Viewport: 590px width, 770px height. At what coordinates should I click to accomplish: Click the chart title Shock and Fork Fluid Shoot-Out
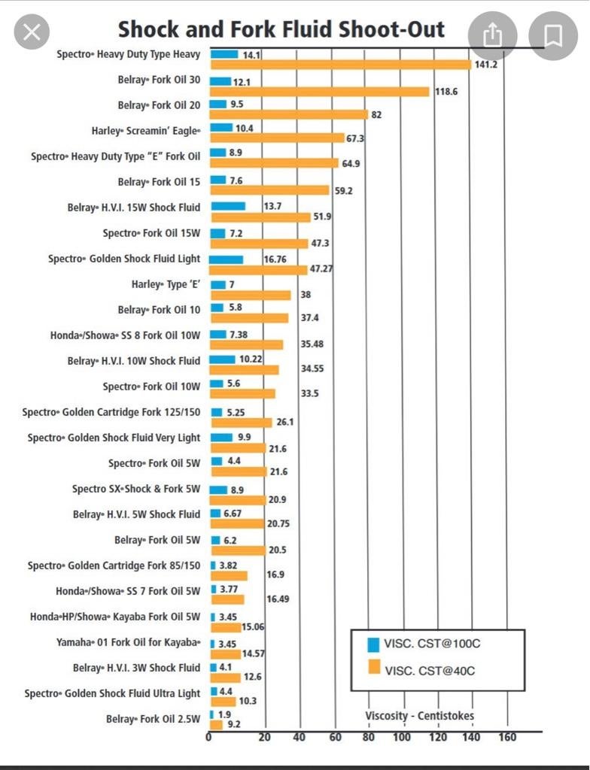[x=281, y=29]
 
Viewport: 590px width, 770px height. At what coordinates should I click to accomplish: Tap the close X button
[x=31, y=32]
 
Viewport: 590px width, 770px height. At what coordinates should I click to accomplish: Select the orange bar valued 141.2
[x=340, y=65]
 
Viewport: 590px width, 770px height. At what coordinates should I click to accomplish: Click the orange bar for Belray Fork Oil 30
[x=319, y=91]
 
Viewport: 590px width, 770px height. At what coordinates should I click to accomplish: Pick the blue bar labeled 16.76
[x=227, y=259]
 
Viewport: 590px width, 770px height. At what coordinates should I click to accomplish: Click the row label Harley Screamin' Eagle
[x=146, y=131]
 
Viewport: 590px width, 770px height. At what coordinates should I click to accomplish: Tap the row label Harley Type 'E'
[x=166, y=284]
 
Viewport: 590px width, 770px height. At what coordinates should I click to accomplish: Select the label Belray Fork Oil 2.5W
[x=153, y=720]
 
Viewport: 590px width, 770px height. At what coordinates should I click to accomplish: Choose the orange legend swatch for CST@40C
[x=372, y=668]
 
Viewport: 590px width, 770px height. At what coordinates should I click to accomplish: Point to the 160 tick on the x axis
[x=507, y=737]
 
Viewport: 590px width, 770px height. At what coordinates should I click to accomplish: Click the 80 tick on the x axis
[x=368, y=737]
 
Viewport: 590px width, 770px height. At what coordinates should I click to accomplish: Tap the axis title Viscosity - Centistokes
[x=419, y=715]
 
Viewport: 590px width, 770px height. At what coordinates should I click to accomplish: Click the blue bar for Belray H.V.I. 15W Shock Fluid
[x=228, y=206]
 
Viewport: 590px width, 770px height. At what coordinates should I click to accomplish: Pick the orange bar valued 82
[x=289, y=115]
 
